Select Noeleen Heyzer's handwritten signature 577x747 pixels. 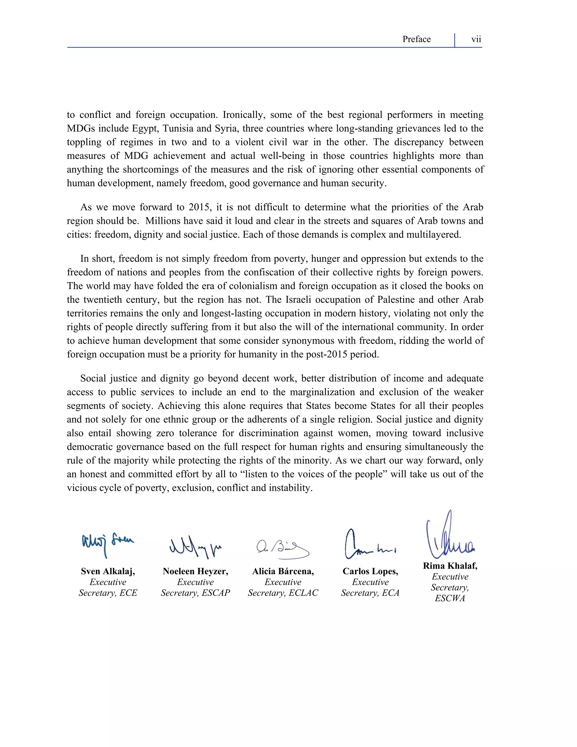pyautogui.click(x=195, y=547)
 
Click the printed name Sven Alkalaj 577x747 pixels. pyautogui.click(x=108, y=571)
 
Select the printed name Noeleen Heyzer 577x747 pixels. pyautogui.click(x=195, y=571)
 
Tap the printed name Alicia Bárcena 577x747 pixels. pyautogui.click(x=283, y=571)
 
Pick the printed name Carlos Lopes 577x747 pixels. pyautogui.click(x=370, y=571)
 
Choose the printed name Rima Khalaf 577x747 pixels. pyautogui.click(x=450, y=566)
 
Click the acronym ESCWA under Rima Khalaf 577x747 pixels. pyautogui.click(x=450, y=598)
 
